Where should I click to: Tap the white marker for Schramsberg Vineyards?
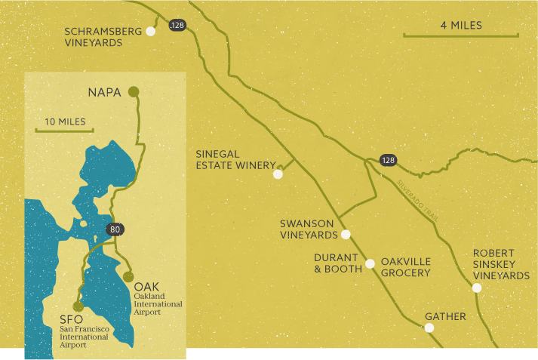151,31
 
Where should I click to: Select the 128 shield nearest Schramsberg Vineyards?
177,26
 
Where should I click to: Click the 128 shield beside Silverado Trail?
387,160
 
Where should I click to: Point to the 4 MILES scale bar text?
461,26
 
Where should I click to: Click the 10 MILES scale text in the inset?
65,122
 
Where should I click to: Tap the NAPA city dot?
134,92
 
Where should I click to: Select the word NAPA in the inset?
104,93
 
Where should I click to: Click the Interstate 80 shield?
115,229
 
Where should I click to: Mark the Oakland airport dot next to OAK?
128,277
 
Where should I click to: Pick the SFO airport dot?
78,306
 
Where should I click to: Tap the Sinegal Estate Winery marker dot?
278,174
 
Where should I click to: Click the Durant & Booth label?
336,263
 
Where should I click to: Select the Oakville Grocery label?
405,267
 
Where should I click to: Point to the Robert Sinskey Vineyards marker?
477,288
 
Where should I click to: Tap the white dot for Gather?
429,328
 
